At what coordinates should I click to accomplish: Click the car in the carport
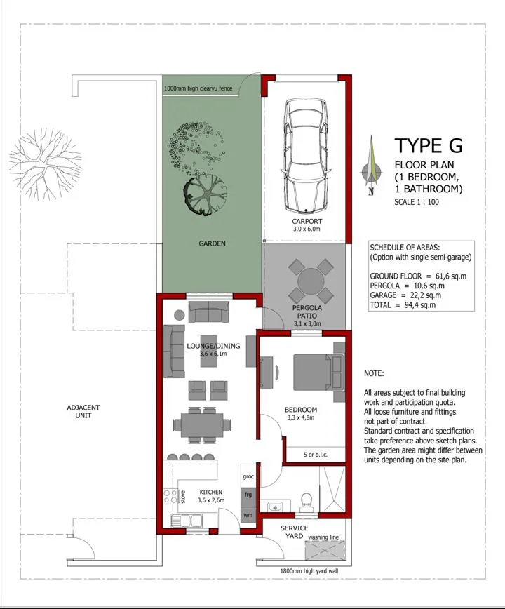pyautogui.click(x=307, y=156)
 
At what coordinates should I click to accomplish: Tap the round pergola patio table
pyautogui.click(x=311, y=281)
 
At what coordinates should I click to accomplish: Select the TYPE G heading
pyautogui.click(x=429, y=146)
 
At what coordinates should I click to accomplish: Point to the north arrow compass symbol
pyautogui.click(x=371, y=166)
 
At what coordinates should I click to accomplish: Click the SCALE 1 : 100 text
pyautogui.click(x=417, y=202)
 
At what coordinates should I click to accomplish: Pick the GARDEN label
pyautogui.click(x=212, y=243)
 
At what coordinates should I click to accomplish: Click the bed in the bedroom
pyautogui.click(x=318, y=372)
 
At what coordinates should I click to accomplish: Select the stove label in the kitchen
pyautogui.click(x=183, y=497)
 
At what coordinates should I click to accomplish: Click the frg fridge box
pyautogui.click(x=248, y=495)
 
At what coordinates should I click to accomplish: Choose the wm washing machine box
pyautogui.click(x=248, y=515)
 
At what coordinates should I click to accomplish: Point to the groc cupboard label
pyautogui.click(x=248, y=476)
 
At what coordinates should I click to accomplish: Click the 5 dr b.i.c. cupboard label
pyautogui.click(x=316, y=454)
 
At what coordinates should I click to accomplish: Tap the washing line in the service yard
pyautogui.click(x=325, y=550)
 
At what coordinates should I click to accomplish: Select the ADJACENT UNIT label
pyautogui.click(x=83, y=411)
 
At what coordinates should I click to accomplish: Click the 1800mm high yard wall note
pyautogui.click(x=309, y=571)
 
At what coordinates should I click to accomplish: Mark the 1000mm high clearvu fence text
pyautogui.click(x=198, y=88)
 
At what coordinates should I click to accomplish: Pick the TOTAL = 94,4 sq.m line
pyautogui.click(x=403, y=305)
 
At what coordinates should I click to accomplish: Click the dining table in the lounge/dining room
pyautogui.click(x=202, y=424)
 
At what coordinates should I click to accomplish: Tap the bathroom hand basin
pyautogui.click(x=276, y=507)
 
